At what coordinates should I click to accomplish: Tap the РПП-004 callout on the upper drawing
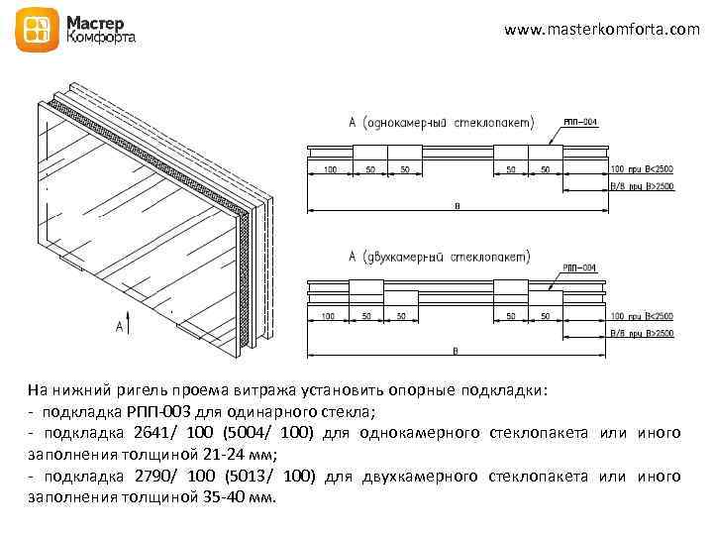580,122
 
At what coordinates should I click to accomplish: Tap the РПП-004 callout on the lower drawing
580,267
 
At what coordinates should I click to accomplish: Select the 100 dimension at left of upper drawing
330,170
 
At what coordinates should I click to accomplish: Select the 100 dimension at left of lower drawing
330,317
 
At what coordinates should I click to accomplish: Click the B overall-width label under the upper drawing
457,205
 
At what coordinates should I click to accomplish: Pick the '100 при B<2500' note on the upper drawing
642,170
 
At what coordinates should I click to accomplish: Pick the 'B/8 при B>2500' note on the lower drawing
642,333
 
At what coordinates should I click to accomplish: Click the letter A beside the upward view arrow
119,326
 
